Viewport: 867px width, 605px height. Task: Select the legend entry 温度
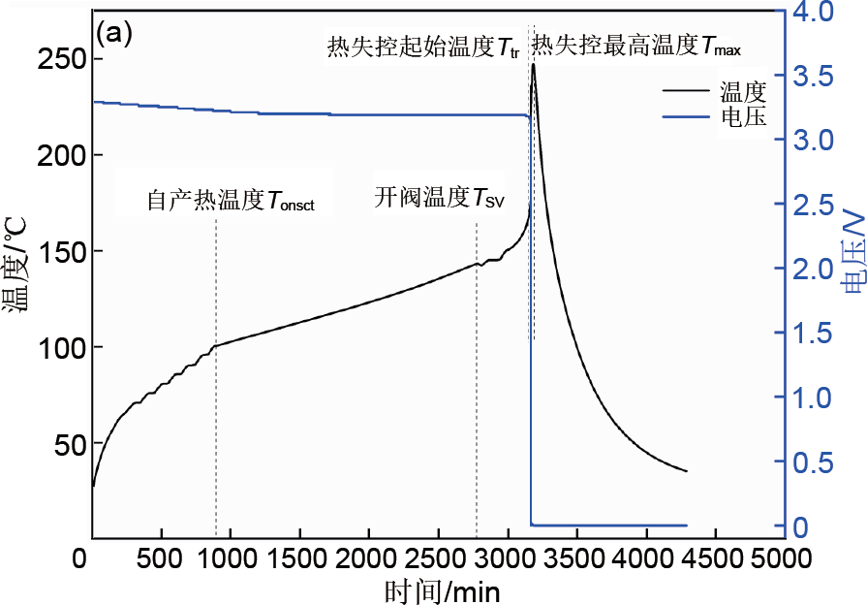[743, 93]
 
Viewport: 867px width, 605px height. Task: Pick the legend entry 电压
[743, 118]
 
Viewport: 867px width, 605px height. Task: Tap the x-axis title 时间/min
[441, 589]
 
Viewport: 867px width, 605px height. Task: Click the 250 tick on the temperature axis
[61, 59]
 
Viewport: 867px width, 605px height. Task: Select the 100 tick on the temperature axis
[61, 348]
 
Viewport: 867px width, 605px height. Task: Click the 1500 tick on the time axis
[299, 559]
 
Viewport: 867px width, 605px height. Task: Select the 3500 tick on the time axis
[576, 559]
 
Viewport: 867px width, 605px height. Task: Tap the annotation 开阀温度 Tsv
[440, 200]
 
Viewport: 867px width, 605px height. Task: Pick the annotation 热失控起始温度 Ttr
[423, 46]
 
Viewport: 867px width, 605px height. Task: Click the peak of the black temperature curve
[533, 65]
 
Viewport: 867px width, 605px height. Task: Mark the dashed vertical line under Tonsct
[215, 436]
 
